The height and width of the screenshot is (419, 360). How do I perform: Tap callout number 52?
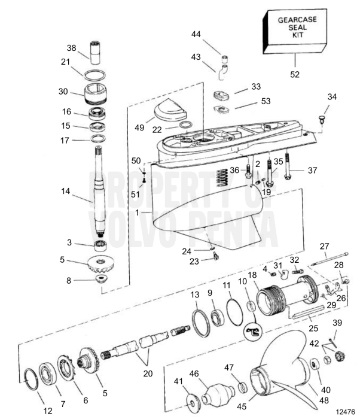(x=294, y=75)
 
